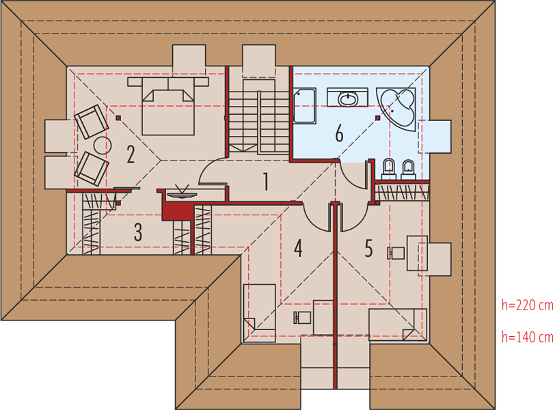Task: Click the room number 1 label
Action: (x=266, y=181)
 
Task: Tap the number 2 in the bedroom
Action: (x=131, y=154)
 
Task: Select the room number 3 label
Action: (x=138, y=232)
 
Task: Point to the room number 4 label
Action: (x=298, y=248)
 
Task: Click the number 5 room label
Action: (x=368, y=248)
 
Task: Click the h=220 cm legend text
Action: (x=527, y=305)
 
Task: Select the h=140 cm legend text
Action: (x=527, y=337)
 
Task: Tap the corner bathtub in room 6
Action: (x=397, y=109)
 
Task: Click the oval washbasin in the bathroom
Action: (x=347, y=98)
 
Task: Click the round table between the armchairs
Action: (x=103, y=145)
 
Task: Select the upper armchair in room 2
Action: (x=91, y=121)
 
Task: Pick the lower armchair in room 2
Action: (x=91, y=169)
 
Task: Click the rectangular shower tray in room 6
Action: (x=304, y=106)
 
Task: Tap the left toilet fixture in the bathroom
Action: (x=389, y=169)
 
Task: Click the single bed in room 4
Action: (x=259, y=313)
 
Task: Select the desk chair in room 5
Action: (x=396, y=253)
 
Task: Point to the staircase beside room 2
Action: (x=259, y=117)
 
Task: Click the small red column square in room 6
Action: (x=378, y=118)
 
